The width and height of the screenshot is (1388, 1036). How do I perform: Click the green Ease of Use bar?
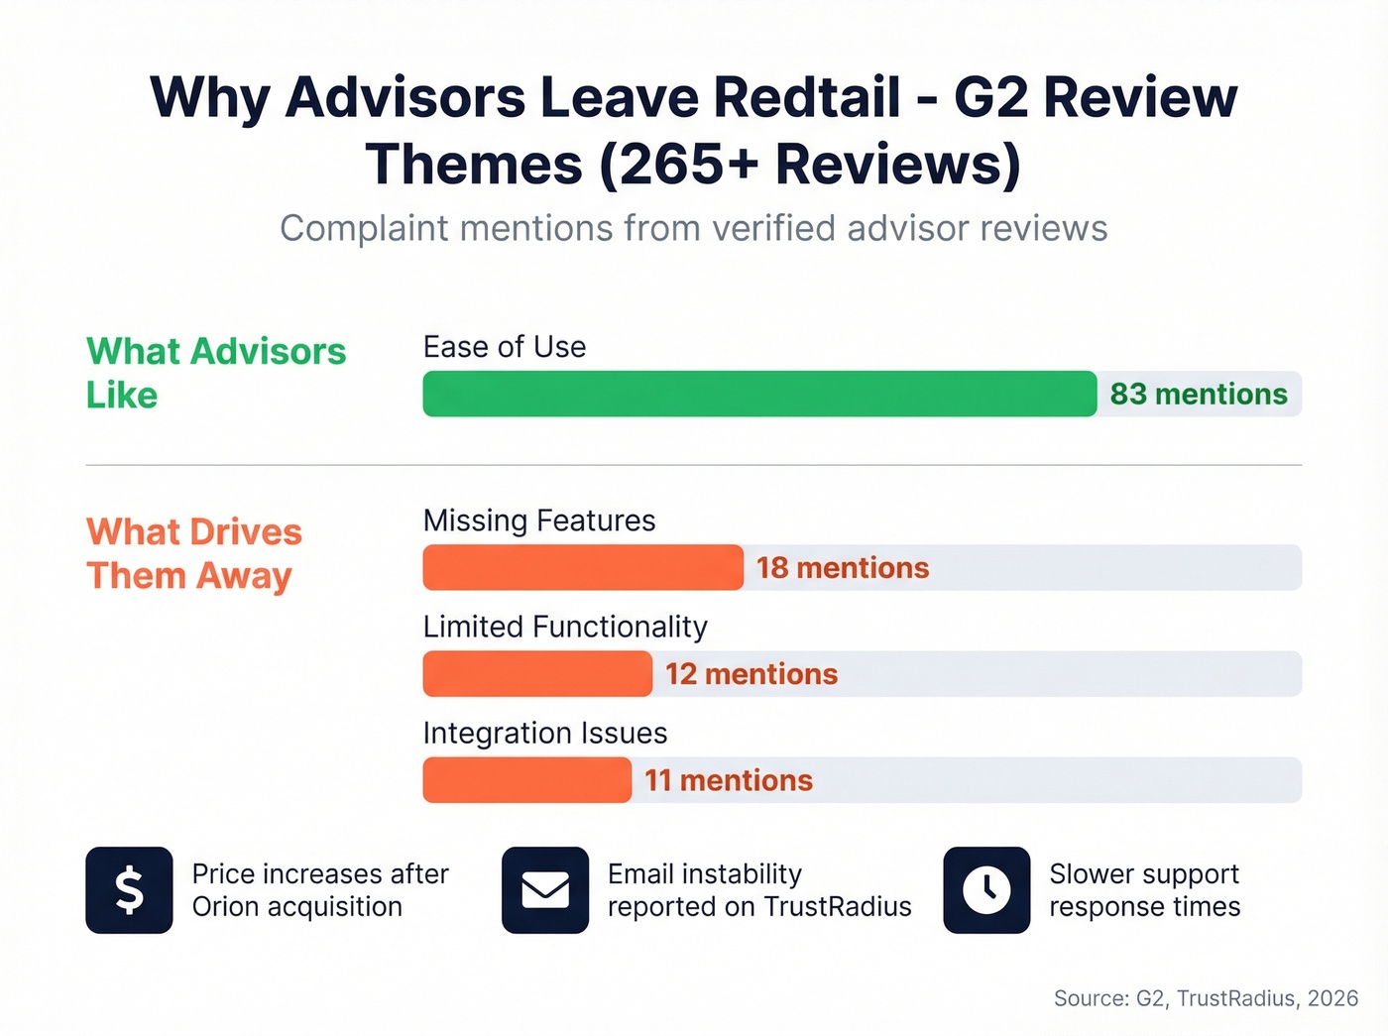[759, 394]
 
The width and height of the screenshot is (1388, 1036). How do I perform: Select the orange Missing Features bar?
[583, 567]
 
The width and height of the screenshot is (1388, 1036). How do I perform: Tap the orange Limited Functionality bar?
[537, 674]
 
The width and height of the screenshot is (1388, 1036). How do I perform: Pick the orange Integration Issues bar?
[526, 780]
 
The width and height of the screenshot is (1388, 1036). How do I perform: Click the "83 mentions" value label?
[1199, 395]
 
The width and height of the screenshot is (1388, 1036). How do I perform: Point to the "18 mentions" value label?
[843, 568]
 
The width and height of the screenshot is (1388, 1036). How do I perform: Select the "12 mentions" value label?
[752, 674]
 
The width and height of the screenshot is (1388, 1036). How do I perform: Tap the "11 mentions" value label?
[729, 781]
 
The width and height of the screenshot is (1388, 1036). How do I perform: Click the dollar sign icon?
[129, 890]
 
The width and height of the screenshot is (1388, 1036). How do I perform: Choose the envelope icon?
[545, 890]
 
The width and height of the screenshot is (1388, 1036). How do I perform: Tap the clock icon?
[986, 890]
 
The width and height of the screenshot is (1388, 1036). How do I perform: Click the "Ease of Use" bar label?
[505, 347]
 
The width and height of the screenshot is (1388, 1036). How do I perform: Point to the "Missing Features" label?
[539, 520]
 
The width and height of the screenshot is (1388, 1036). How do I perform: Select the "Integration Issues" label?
[545, 734]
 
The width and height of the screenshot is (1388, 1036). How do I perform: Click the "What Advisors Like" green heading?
[215, 373]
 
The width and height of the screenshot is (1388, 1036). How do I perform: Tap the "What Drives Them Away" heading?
[193, 553]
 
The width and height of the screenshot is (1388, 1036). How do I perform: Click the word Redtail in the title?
[807, 97]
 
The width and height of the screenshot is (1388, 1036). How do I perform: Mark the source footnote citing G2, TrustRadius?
[1206, 998]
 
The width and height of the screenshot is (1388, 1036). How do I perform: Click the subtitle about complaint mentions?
[694, 228]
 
